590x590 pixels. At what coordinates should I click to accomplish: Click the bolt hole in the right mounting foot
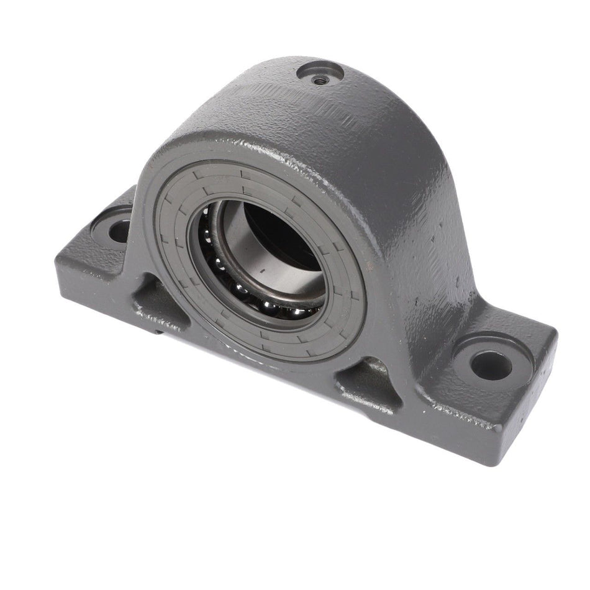[x=491, y=365]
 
